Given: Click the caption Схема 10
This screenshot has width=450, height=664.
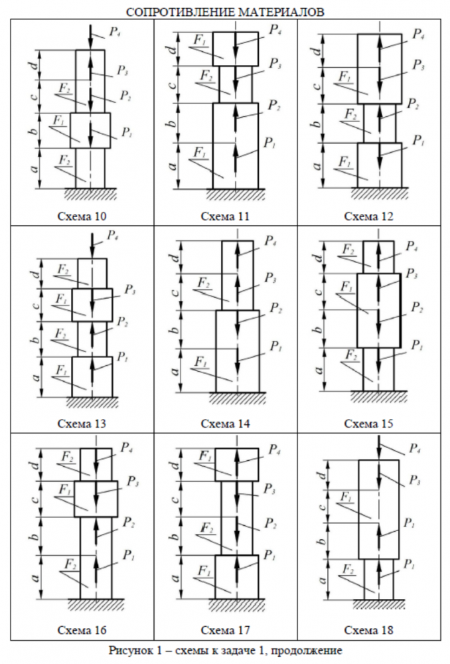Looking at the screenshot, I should [x=82, y=216].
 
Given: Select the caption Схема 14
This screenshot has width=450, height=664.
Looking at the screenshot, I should [x=226, y=423].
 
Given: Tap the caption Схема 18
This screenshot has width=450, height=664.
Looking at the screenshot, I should [x=368, y=629].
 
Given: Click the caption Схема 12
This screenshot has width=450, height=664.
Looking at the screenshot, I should [x=368, y=216].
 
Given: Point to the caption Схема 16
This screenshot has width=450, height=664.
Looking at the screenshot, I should [x=82, y=629].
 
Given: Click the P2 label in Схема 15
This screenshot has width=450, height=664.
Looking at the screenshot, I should [x=417, y=307].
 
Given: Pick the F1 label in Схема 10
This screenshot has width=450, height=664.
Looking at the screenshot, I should [x=61, y=122].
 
